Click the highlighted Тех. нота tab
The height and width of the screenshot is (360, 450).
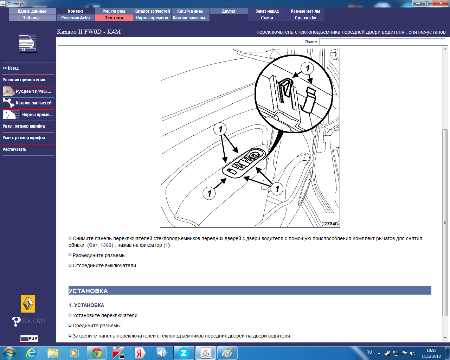click(114, 18)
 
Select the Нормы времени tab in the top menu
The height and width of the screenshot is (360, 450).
click(152, 18)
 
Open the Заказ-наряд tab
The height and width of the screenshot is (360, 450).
click(267, 11)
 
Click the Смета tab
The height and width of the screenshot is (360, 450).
click(267, 18)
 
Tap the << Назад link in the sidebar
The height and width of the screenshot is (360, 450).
click(11, 68)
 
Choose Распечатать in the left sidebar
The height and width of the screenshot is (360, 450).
click(14, 149)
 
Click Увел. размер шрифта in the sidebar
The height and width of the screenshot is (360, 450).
click(24, 126)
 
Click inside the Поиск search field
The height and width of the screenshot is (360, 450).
click(382, 42)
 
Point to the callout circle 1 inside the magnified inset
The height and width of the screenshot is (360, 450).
click(307, 68)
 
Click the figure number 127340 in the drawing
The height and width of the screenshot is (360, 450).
click(329, 224)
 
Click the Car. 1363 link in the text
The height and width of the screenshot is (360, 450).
click(100, 245)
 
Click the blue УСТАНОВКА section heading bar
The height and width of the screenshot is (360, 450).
click(250, 290)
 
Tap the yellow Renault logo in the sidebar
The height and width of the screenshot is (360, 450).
click(28, 304)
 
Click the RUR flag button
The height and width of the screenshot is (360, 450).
click(29, 338)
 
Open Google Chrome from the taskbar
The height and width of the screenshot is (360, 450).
click(97, 353)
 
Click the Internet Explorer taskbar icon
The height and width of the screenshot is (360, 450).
click(31, 353)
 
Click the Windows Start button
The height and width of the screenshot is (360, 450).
click(9, 353)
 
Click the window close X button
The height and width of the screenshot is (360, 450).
click(441, 3)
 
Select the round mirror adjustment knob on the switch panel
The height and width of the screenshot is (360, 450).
click(255, 155)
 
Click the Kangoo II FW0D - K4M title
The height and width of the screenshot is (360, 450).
click(89, 32)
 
